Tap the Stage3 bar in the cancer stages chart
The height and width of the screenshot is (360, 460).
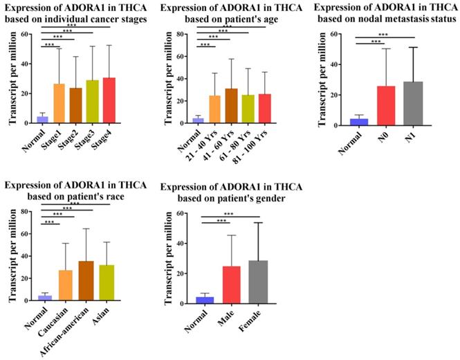pos(93,103)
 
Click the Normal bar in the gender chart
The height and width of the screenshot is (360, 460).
pos(204,300)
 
